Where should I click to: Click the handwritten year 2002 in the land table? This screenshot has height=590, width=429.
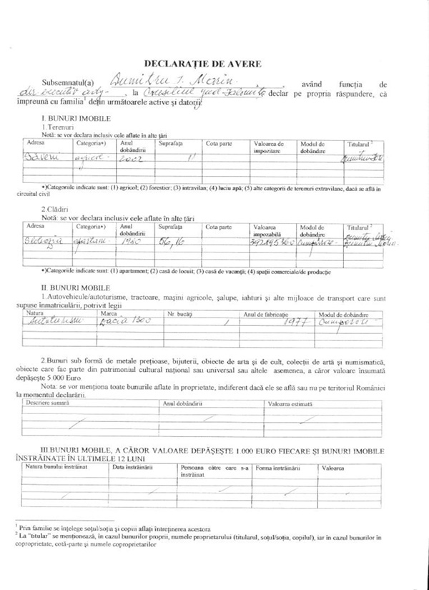[131, 160]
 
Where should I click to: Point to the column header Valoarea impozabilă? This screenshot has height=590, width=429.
[269, 230]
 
